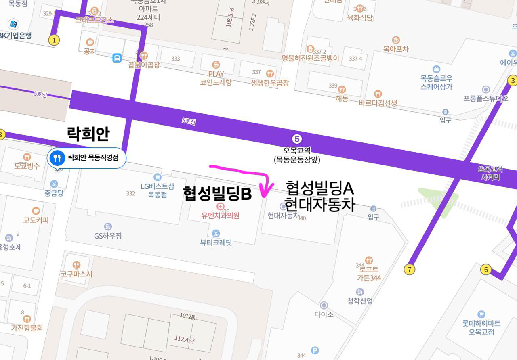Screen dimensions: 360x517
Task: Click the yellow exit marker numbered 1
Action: [x=54, y=40]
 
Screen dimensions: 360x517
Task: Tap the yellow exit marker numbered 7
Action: [x=409, y=269]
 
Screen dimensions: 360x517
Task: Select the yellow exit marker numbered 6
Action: [x=485, y=269]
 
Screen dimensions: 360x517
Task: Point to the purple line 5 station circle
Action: [x=297, y=139]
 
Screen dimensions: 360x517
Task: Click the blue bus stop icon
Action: [x=117, y=58]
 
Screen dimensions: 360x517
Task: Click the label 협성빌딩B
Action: [x=217, y=194]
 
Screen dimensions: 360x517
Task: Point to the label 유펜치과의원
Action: [x=221, y=216]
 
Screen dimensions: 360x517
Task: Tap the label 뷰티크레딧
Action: [x=216, y=243]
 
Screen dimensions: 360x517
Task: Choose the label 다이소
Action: [x=324, y=314]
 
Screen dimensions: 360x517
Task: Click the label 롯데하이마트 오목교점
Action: [x=481, y=327]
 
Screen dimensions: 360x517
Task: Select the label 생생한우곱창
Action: [x=270, y=83]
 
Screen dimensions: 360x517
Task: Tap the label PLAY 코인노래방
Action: [x=216, y=78]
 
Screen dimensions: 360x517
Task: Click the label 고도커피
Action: [x=36, y=220]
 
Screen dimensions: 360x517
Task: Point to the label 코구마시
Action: [x=76, y=274]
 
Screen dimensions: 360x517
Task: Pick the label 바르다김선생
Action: [x=378, y=103]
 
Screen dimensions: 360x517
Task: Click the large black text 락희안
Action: [x=88, y=134]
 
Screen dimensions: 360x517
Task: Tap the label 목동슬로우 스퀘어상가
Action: [x=436, y=82]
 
